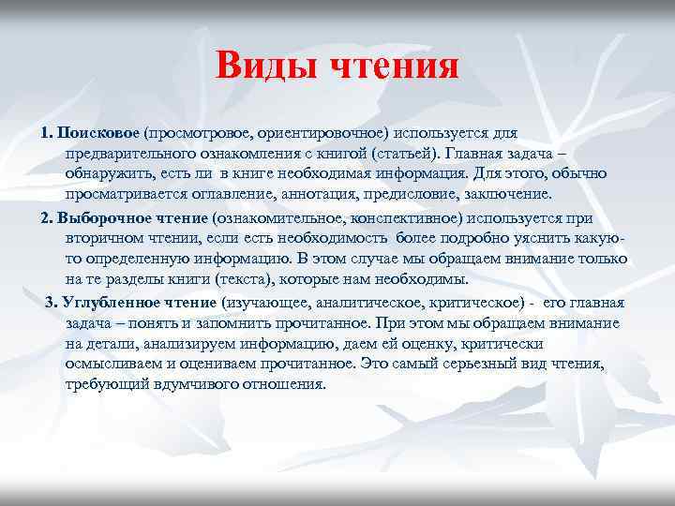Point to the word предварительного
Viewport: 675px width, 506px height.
click(129, 154)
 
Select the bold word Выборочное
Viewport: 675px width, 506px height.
click(98, 217)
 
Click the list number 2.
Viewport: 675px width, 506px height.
click(47, 217)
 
